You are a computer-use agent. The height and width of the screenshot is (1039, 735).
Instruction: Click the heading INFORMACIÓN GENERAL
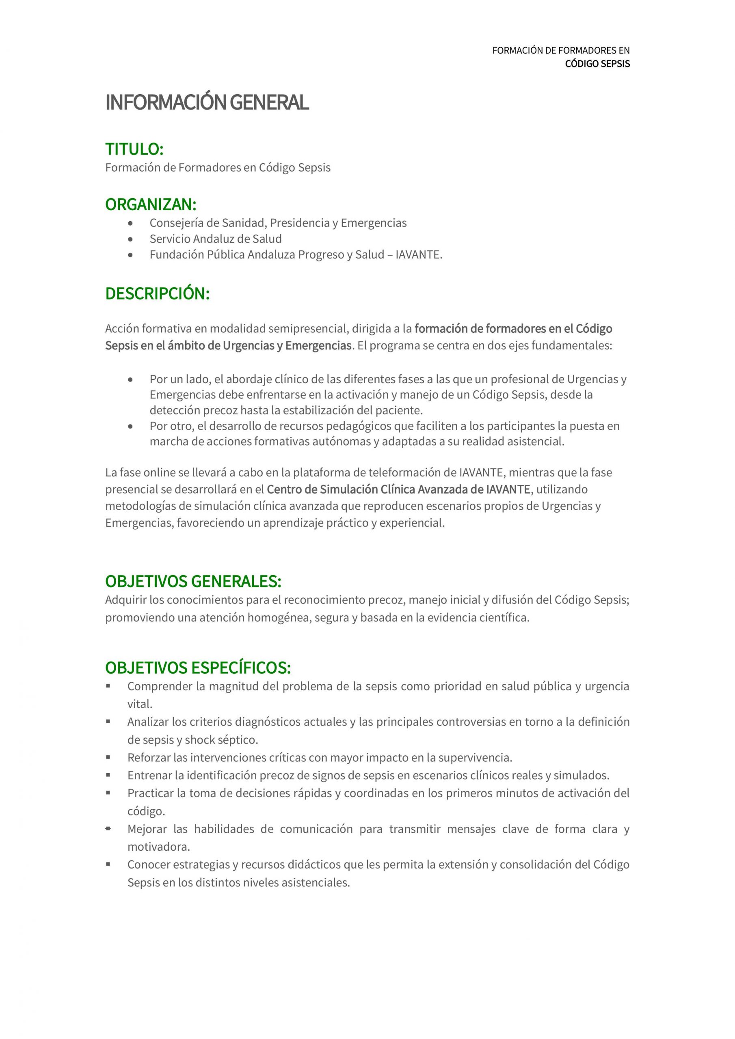pyautogui.click(x=207, y=103)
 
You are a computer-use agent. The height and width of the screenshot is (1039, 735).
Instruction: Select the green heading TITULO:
pyautogui.click(x=134, y=149)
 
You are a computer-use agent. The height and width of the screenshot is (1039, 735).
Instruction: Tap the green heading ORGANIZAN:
pyautogui.click(x=150, y=205)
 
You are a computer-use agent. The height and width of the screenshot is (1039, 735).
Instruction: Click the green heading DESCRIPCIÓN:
pyautogui.click(x=157, y=294)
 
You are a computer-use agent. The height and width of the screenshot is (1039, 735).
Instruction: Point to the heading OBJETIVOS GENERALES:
pyautogui.click(x=193, y=582)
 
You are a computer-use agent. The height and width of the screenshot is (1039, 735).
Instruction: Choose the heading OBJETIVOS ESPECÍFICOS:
pyautogui.click(x=198, y=668)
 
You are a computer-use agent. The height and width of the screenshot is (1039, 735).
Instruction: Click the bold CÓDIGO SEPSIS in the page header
pyautogui.click(x=597, y=64)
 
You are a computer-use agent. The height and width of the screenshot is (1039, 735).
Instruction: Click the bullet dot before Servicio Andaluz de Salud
pyautogui.click(x=131, y=239)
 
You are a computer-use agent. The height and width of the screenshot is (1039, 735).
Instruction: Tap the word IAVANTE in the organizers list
pyautogui.click(x=417, y=255)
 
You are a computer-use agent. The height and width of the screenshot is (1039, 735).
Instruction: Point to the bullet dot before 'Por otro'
pyautogui.click(x=131, y=427)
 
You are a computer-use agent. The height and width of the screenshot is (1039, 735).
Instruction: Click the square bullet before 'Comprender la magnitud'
pyautogui.click(x=108, y=686)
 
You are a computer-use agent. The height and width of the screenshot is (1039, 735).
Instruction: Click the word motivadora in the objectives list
pyautogui.click(x=158, y=847)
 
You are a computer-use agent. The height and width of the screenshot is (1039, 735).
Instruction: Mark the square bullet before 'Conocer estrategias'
pyautogui.click(x=108, y=864)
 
